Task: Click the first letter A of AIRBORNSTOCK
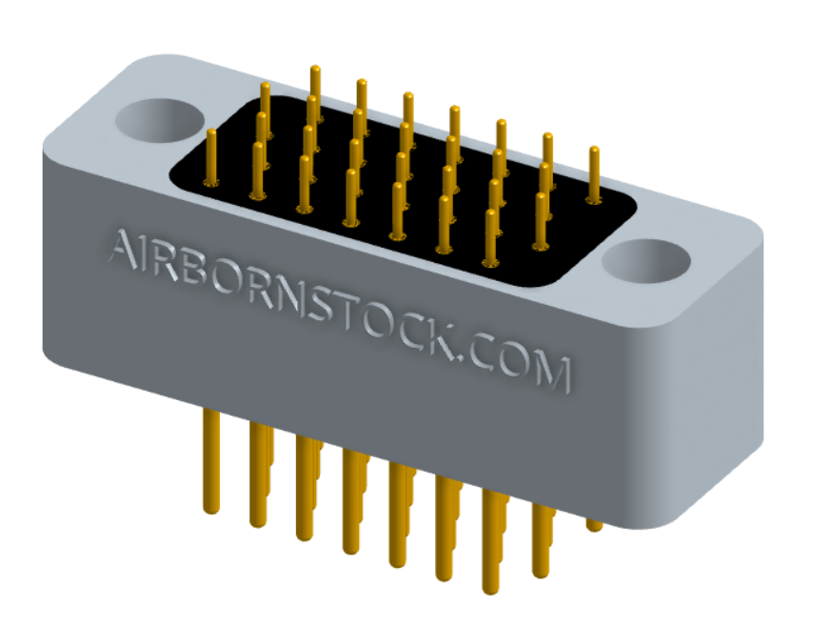tap(124, 250)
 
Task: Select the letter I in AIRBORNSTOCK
tap(149, 255)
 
